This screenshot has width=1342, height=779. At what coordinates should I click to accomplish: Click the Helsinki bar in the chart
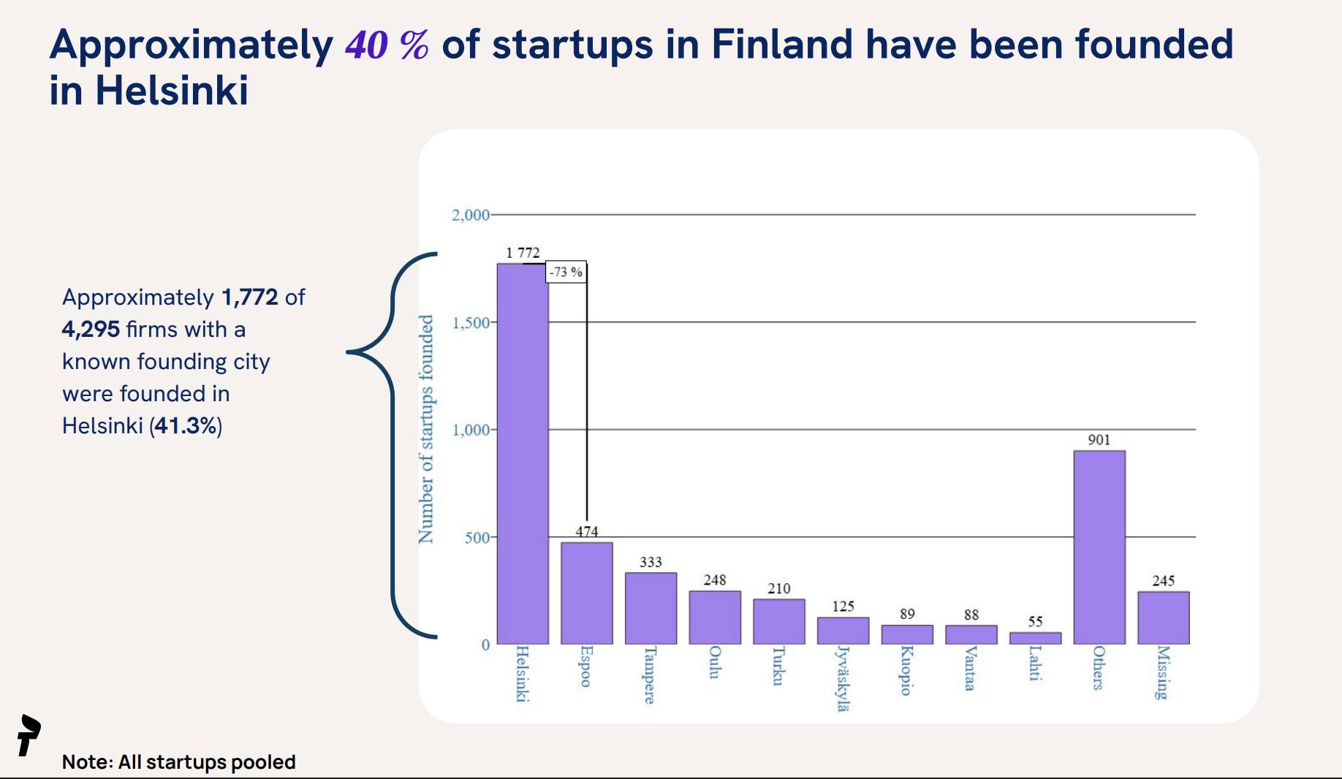tap(523, 453)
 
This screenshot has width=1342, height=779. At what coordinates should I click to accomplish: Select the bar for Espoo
tap(586, 593)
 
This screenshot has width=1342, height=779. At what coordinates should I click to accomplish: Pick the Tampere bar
tap(651, 608)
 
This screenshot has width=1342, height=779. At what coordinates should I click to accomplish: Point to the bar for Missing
tap(1163, 617)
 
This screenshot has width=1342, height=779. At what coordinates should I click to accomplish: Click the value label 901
tap(1099, 440)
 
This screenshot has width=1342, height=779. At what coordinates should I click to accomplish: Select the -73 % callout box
tap(566, 272)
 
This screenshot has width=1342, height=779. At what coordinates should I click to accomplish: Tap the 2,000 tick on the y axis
tap(470, 215)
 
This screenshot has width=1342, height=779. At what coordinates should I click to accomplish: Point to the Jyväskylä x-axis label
tap(843, 678)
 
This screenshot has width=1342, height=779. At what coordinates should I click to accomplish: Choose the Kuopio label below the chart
tap(906, 670)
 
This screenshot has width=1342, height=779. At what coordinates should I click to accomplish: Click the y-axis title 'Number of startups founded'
tap(425, 430)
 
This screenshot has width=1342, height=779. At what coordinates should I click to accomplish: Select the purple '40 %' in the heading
tap(387, 45)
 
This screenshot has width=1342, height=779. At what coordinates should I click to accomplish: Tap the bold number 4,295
tap(91, 330)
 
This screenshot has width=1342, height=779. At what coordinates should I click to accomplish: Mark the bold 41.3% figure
tap(186, 425)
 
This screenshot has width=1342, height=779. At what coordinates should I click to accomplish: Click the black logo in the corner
tap(29, 735)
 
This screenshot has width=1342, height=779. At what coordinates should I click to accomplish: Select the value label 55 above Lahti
tap(1035, 622)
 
